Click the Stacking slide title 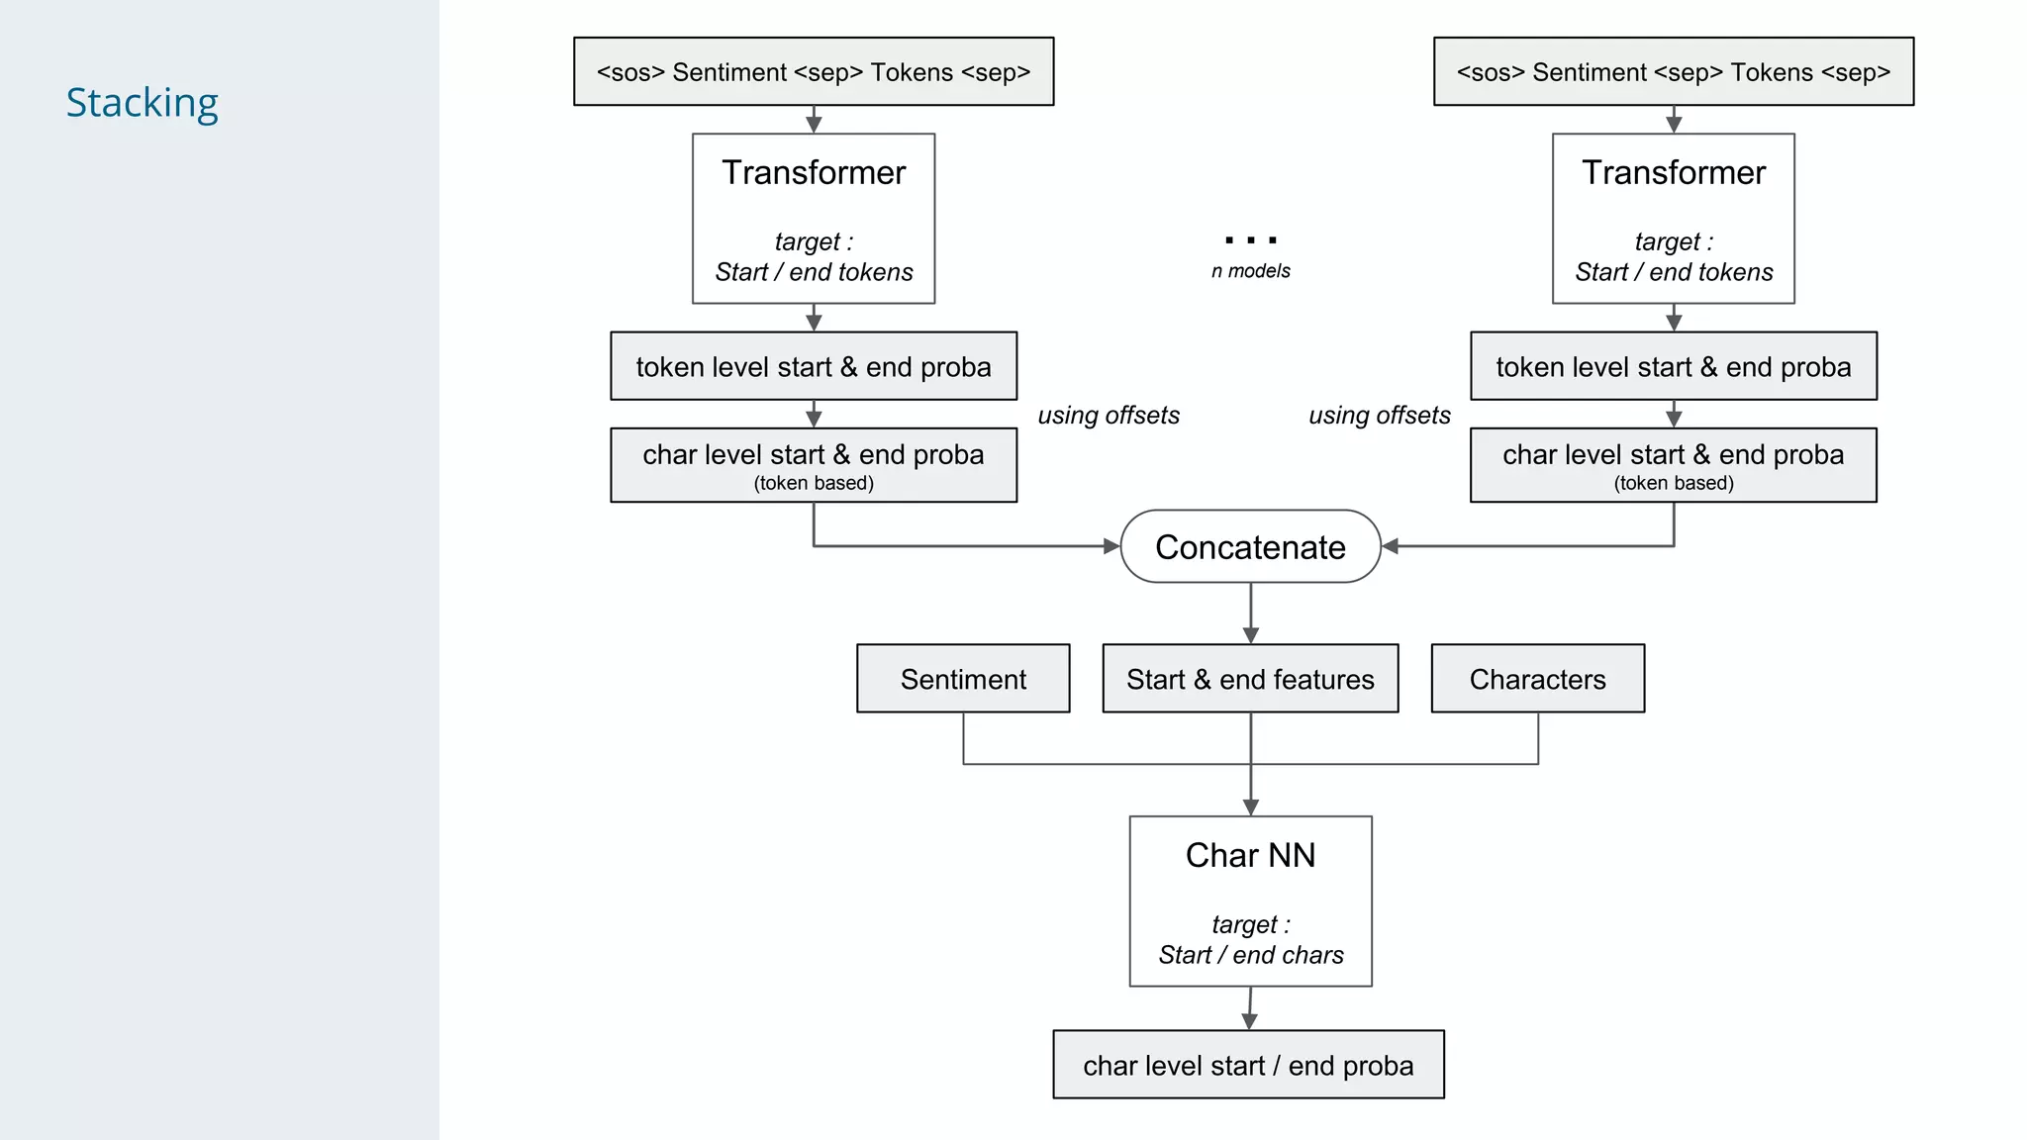[x=142, y=103]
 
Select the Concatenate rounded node [x=1250, y=547]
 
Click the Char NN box [x=1250, y=900]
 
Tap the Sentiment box [x=963, y=679]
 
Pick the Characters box [x=1537, y=679]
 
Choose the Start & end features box [x=1250, y=679]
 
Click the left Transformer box [x=814, y=218]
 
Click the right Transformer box [x=1673, y=218]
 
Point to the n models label [x=1250, y=271]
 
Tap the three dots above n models [x=1250, y=240]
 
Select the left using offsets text [x=1109, y=416]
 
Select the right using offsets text [x=1380, y=416]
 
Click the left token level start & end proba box [x=814, y=367]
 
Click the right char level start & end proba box [x=1673, y=465]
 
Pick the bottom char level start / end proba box [x=1248, y=1065]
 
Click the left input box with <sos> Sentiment [x=814, y=72]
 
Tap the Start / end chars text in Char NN [x=1251, y=955]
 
